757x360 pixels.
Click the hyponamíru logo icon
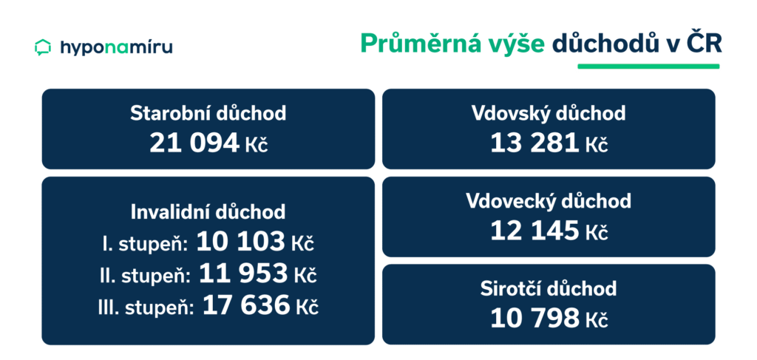[x=42, y=47]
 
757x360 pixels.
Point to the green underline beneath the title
[x=648, y=66]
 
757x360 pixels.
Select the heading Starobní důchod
[x=208, y=114]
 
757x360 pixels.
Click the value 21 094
[x=194, y=142]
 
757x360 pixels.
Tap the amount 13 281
[x=534, y=142]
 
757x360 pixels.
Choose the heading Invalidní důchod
[x=208, y=212]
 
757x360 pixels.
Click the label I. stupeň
[x=144, y=242]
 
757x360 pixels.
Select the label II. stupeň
[x=144, y=275]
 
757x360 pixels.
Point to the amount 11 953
[x=243, y=274]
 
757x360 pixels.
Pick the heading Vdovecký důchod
[x=549, y=201]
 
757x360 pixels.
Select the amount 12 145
[x=534, y=230]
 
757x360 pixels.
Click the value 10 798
[x=534, y=317]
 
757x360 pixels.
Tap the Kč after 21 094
[x=256, y=143]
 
